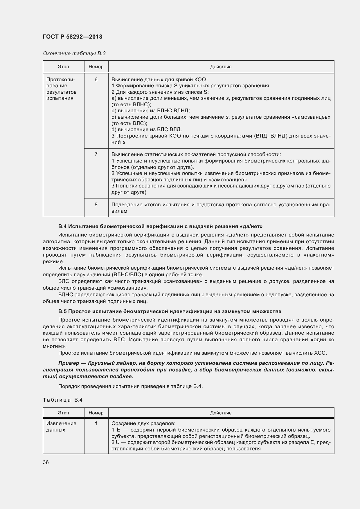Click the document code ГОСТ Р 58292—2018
[72, 37]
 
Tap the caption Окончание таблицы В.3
[74, 53]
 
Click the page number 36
[46, 462]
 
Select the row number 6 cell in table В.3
[96, 80]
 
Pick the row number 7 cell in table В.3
[96, 154]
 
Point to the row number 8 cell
[96, 205]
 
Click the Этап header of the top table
[63, 67]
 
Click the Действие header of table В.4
[221, 413]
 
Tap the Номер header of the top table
[96, 67]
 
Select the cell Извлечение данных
[61, 426]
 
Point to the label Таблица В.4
[63, 400]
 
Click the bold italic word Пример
[69, 363]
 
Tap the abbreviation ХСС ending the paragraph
[320, 353]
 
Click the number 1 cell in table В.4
[96, 423]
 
